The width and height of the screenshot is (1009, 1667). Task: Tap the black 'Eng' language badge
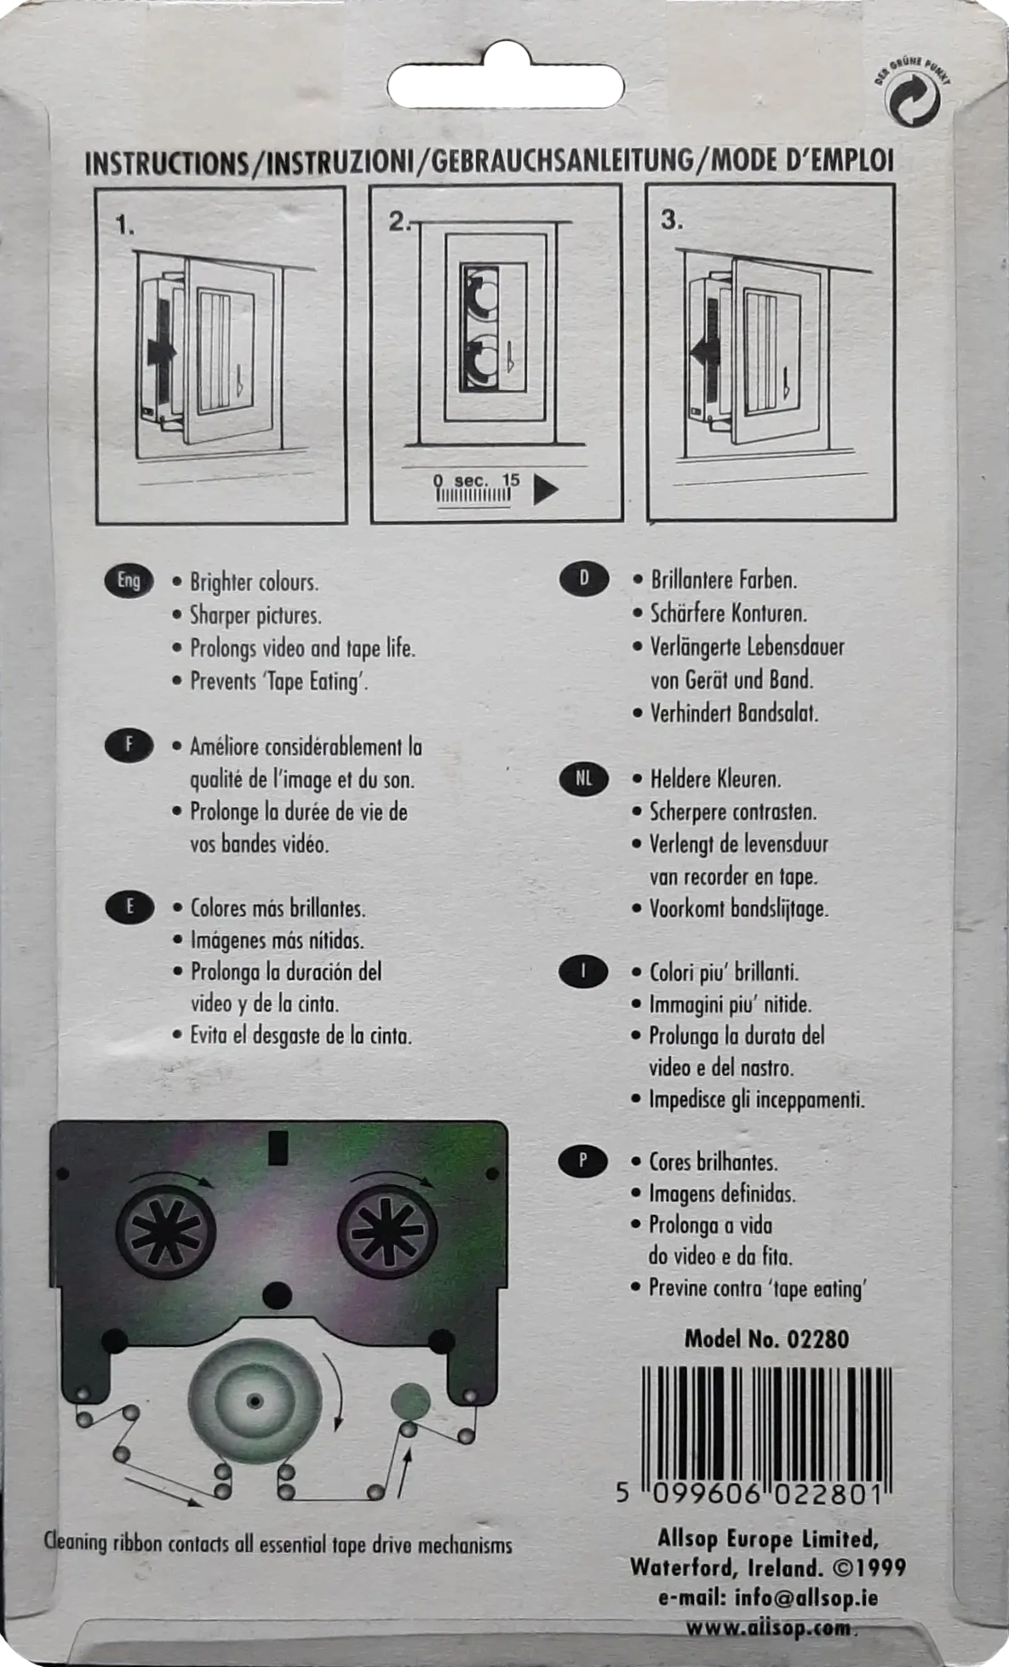pos(129,581)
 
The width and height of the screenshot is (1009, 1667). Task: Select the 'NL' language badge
pos(584,778)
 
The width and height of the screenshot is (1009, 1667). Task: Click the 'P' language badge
pos(583,1160)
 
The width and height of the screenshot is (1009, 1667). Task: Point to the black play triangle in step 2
pos(545,490)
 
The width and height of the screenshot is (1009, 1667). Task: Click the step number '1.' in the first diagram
pos(125,225)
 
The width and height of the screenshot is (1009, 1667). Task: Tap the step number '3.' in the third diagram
pos(672,220)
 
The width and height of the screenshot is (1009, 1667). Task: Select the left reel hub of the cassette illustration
pos(166,1230)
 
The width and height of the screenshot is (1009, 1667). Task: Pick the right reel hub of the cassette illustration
pos(387,1230)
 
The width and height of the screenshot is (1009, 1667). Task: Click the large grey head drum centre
pos(255,1400)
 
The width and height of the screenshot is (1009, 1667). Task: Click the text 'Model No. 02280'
pos(766,1339)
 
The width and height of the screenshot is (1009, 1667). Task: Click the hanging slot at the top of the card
pos(506,87)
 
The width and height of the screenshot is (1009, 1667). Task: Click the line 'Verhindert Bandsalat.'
pos(734,713)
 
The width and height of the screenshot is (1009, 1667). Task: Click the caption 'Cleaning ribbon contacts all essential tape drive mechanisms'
pos(278,1544)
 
